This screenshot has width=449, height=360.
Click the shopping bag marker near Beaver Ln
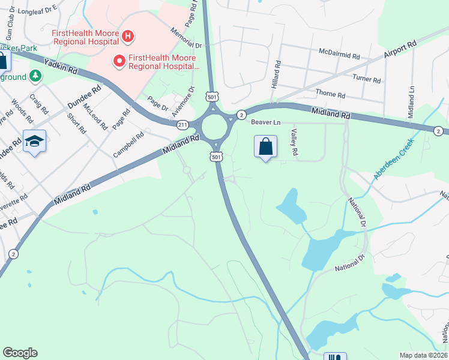[265, 147]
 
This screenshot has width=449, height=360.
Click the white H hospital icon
[127, 37]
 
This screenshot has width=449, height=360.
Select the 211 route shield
[182, 125]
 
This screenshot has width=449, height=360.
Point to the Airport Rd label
[399, 50]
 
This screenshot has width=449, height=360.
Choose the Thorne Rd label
[330, 95]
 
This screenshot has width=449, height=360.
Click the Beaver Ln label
[265, 122]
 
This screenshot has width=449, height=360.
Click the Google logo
[20, 353]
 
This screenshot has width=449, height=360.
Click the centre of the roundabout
[214, 127]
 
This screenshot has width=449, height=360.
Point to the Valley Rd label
[294, 143]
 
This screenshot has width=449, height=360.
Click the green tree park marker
[35, 76]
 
